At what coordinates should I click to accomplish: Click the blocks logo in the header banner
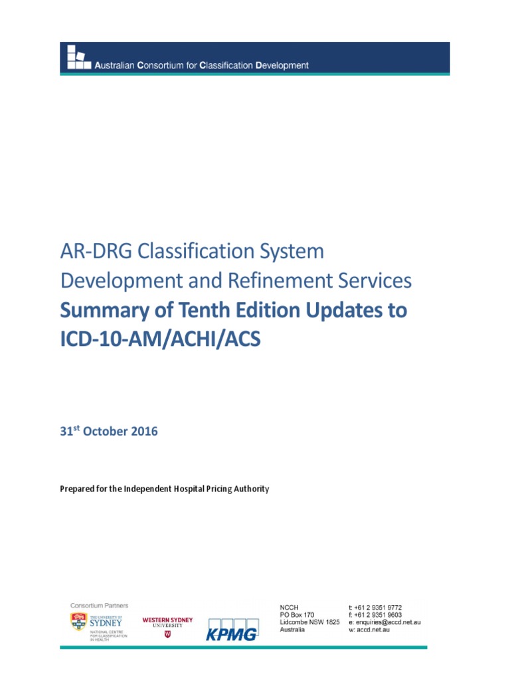click(78, 58)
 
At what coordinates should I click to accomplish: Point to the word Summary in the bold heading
click(99, 310)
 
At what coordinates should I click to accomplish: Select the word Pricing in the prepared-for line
click(207, 489)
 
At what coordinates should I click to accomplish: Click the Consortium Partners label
click(100, 606)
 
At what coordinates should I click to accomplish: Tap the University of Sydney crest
click(78, 622)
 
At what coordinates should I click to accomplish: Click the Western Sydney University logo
click(167, 625)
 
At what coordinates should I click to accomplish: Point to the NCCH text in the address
click(290, 608)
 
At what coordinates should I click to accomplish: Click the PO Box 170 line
click(297, 615)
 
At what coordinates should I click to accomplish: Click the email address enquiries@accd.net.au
click(389, 622)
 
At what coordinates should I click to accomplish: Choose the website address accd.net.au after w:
click(375, 630)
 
